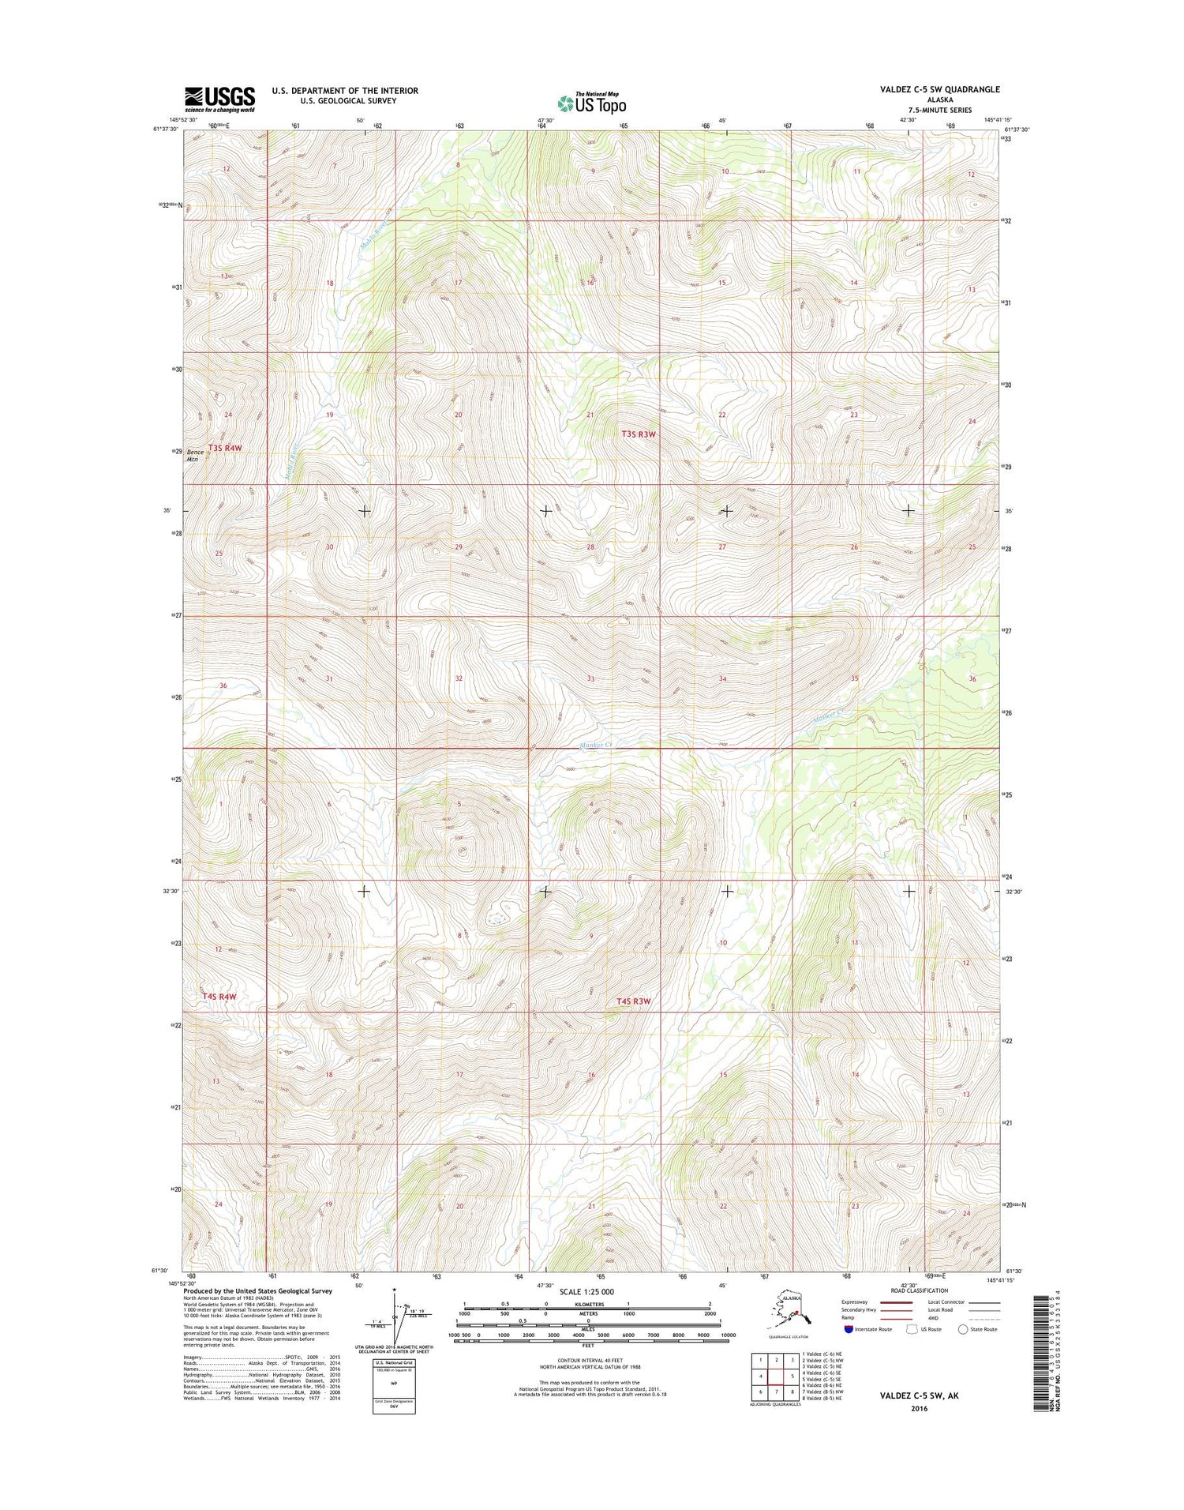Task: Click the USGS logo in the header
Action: click(219, 99)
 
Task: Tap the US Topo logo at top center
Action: click(591, 103)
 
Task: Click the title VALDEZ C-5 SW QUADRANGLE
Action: click(939, 89)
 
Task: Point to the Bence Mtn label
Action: click(195, 455)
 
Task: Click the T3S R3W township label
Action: click(638, 434)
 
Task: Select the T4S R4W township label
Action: click(219, 997)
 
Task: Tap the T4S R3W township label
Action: click(634, 1001)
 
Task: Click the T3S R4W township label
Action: click(224, 448)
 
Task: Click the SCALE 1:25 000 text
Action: click(587, 1292)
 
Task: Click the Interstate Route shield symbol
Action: click(849, 1329)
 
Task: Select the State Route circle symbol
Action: click(962, 1329)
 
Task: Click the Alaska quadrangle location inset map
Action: click(792, 1312)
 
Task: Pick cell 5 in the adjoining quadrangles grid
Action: click(792, 1376)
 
